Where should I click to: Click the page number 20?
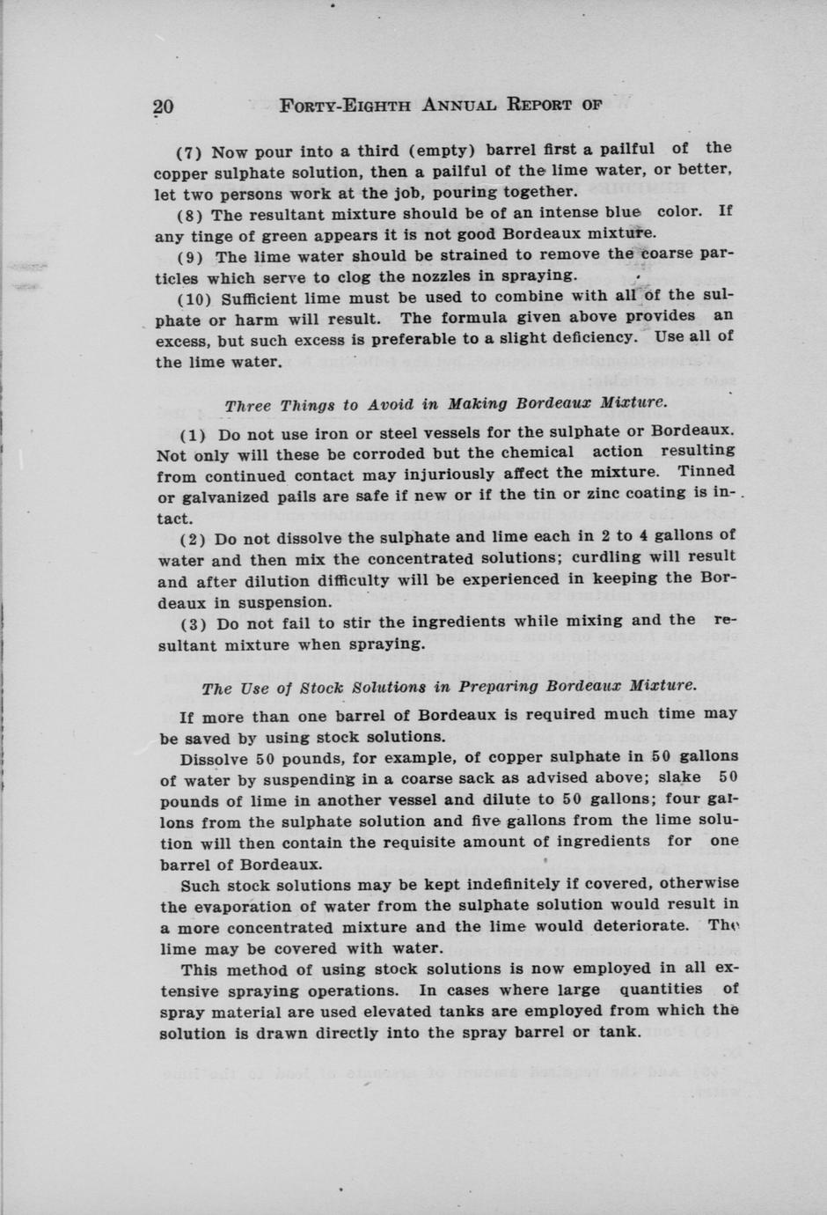click(163, 107)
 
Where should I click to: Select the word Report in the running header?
click(541, 106)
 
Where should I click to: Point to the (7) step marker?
click(191, 151)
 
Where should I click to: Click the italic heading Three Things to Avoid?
click(445, 405)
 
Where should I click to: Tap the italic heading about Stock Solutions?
click(449, 686)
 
